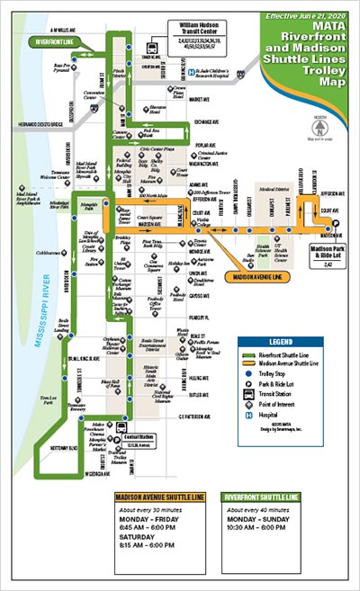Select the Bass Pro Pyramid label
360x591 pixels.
point(62,67)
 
